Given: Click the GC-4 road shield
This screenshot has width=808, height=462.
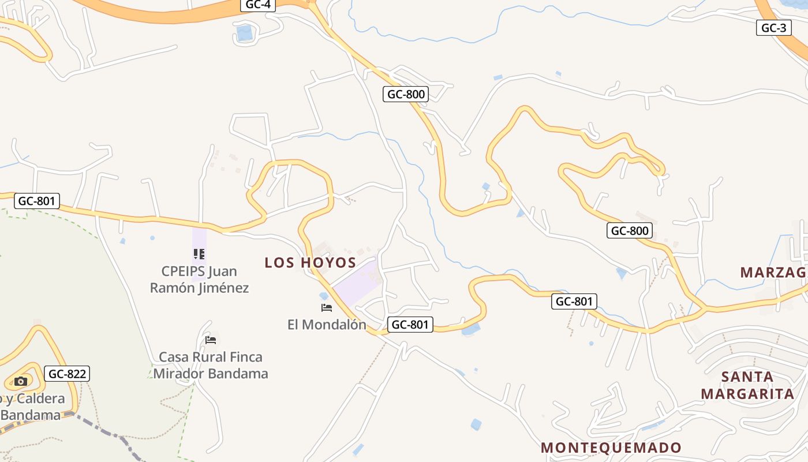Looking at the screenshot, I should point(258,5).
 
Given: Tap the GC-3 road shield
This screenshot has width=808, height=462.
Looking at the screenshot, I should point(773,28).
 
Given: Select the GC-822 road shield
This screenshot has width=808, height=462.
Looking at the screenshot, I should point(68,374).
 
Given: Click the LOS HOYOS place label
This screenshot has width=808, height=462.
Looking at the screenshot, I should point(310,263).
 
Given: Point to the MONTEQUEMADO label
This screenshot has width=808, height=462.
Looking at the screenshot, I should point(611,448).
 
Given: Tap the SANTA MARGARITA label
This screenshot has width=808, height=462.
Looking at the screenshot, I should point(747,385).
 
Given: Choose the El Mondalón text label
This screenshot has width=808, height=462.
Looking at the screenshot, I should point(327,325).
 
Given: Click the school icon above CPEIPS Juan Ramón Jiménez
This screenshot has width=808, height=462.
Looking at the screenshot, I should point(199,254).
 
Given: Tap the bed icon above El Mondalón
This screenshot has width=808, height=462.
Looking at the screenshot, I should point(327,308).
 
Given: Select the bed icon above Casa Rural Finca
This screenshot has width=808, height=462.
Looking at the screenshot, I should point(211,340).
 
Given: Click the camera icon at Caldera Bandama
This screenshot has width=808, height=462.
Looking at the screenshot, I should point(21,381).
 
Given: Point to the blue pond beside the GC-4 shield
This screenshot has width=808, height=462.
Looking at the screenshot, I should point(245,33).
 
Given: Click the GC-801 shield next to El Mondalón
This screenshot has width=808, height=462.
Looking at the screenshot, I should point(410,325).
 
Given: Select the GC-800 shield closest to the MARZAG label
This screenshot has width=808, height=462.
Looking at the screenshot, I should point(630,231).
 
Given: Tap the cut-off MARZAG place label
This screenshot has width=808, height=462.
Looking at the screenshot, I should point(773,272).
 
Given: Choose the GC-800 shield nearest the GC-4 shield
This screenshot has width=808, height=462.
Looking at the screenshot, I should point(406,94).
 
